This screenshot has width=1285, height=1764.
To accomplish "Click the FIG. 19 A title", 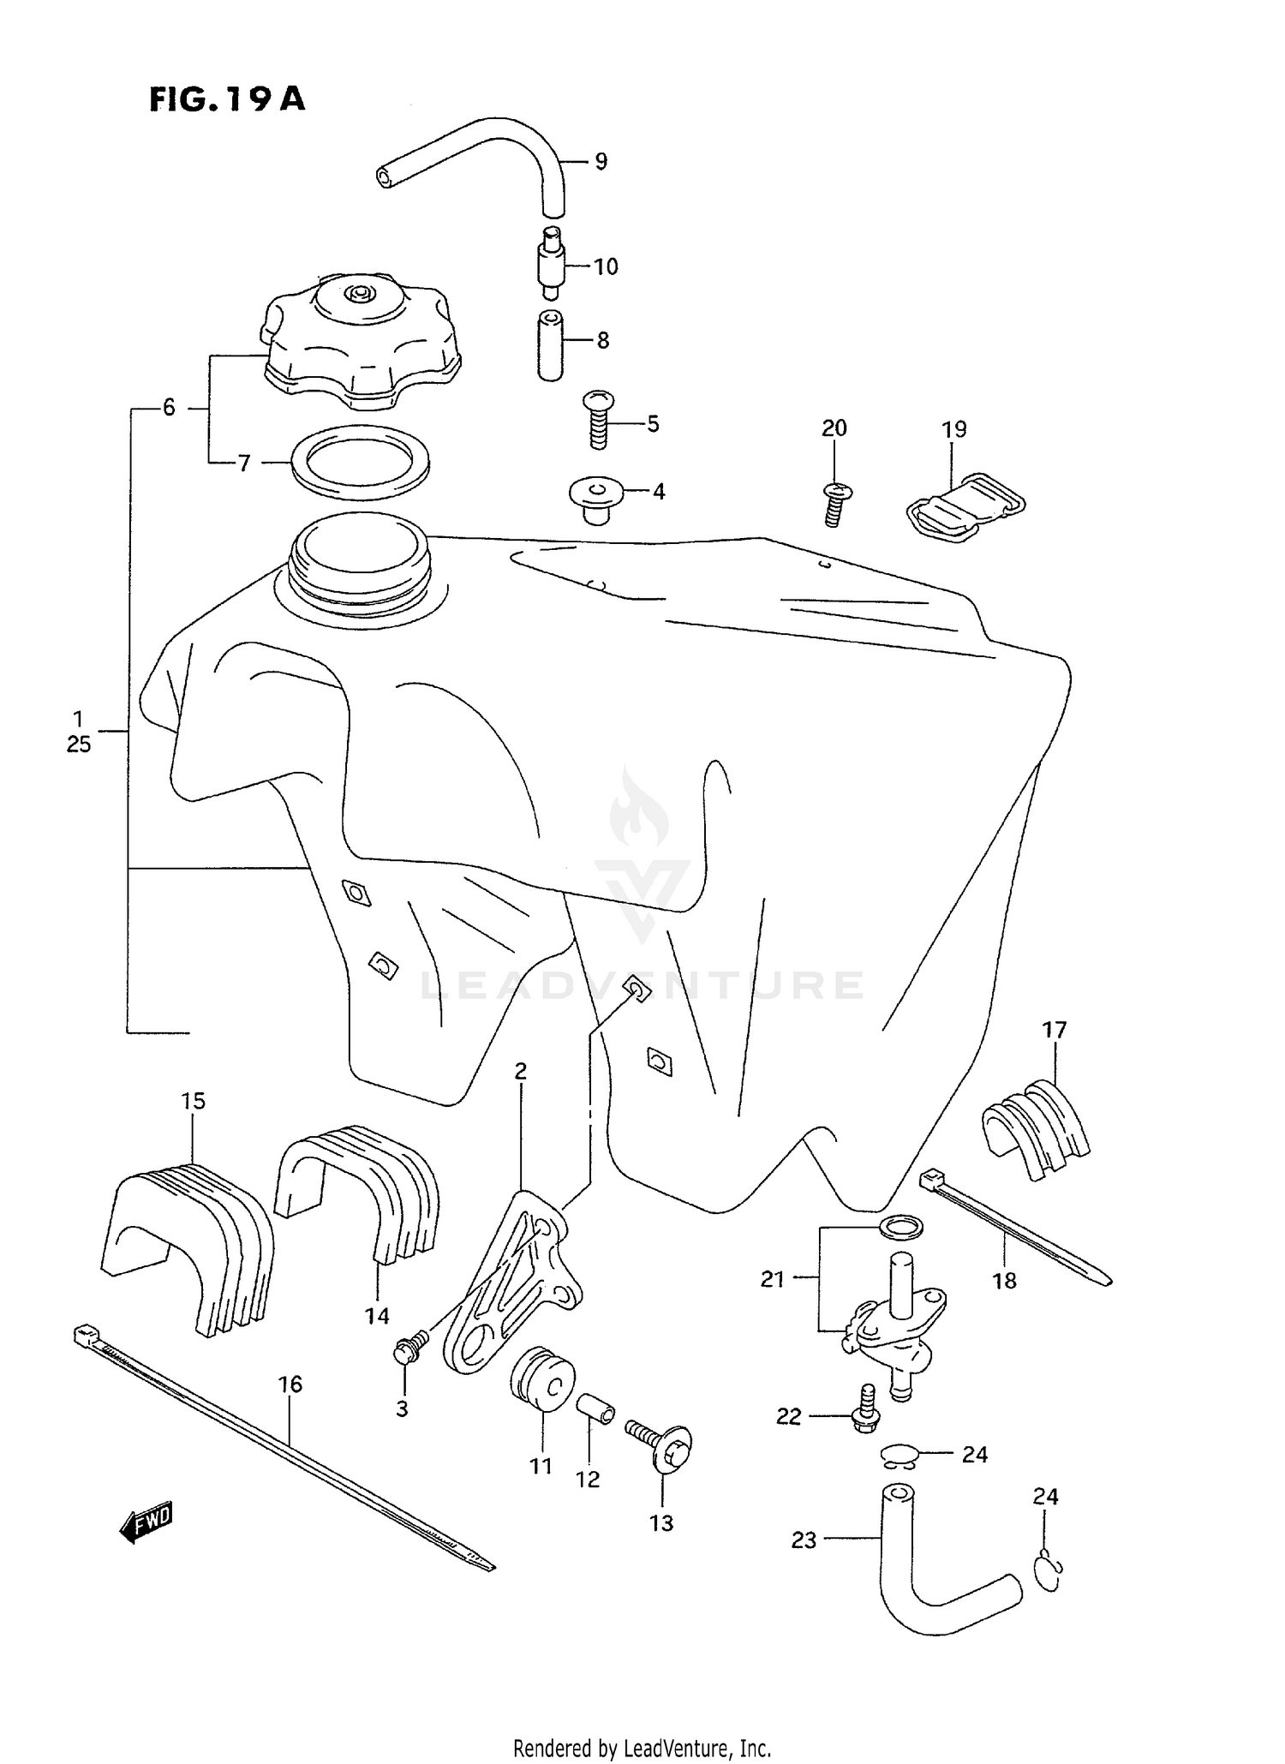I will pyautogui.click(x=227, y=99).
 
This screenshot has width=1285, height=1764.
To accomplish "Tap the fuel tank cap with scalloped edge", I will pyautogui.click(x=360, y=343).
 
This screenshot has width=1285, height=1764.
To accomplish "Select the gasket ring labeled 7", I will pyautogui.click(x=361, y=463).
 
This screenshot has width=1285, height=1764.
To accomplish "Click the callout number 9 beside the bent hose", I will pyautogui.click(x=601, y=161).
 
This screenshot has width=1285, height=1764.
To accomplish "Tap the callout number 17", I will pyautogui.click(x=1054, y=1030).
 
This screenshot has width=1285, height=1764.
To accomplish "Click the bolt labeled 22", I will pyautogui.click(x=865, y=1409).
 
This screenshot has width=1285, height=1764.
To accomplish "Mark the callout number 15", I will pyautogui.click(x=194, y=1101).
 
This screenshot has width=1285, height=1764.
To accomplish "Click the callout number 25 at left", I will pyautogui.click(x=78, y=744).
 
